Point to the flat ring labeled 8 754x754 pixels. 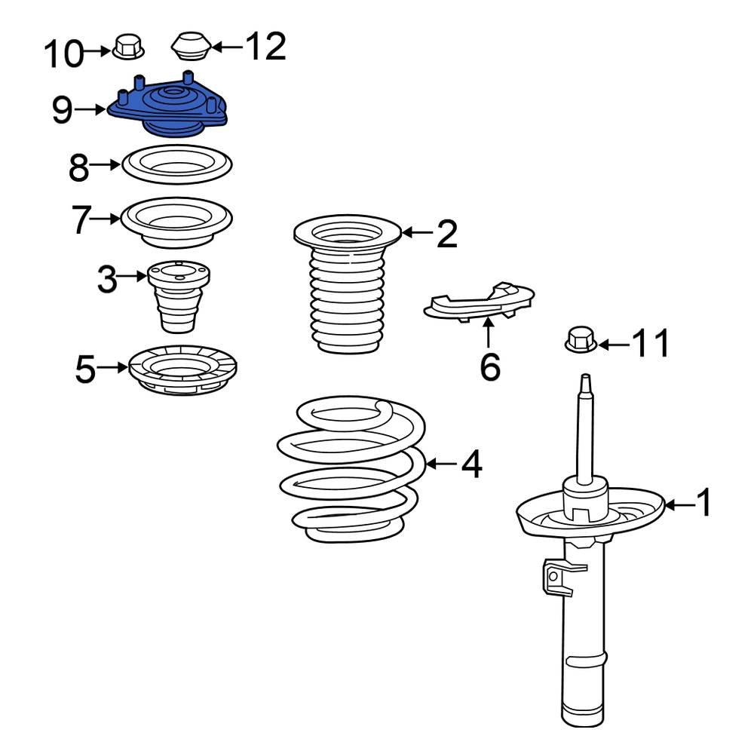[x=176, y=164]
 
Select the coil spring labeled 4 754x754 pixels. [x=351, y=471]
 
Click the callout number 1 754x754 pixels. [x=703, y=503]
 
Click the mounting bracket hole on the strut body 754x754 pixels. [x=553, y=577]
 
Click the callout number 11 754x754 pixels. [x=650, y=345]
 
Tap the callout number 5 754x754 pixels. [x=85, y=369]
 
